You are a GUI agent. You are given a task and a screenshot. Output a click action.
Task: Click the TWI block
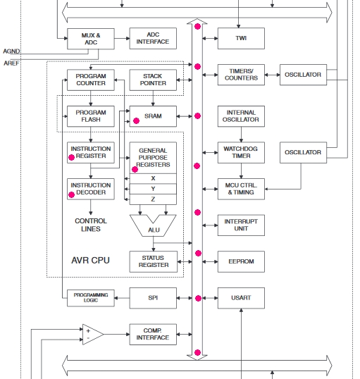(241, 39)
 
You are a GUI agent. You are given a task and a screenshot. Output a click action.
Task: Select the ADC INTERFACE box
(153, 39)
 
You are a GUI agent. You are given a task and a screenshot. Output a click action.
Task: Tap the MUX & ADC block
(91, 39)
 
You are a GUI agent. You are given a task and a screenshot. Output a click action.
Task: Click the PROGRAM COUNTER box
(91, 80)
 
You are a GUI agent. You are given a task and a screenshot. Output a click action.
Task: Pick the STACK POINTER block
(153, 80)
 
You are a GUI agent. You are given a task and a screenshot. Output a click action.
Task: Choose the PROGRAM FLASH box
(91, 116)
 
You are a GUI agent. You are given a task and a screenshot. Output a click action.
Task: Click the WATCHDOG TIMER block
(241, 153)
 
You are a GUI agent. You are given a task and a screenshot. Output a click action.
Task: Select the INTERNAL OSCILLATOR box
(241, 116)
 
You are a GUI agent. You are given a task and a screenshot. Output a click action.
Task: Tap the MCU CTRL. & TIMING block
(241, 189)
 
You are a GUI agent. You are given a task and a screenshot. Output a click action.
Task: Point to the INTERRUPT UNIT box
(241, 225)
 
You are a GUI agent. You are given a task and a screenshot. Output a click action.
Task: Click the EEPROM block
(241, 261)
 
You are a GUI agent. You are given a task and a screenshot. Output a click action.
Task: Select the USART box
(241, 298)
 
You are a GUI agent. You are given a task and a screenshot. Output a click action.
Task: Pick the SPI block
(153, 298)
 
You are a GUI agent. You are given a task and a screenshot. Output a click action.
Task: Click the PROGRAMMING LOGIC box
(91, 298)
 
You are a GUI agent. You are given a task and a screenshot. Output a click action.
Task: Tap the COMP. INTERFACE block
(153, 335)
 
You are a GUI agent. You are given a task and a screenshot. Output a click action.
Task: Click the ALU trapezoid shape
(153, 229)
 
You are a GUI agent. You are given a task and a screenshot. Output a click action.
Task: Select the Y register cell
(153, 189)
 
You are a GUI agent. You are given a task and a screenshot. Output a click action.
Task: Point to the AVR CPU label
(90, 261)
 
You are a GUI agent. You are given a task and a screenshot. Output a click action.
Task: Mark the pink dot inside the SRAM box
(137, 121)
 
